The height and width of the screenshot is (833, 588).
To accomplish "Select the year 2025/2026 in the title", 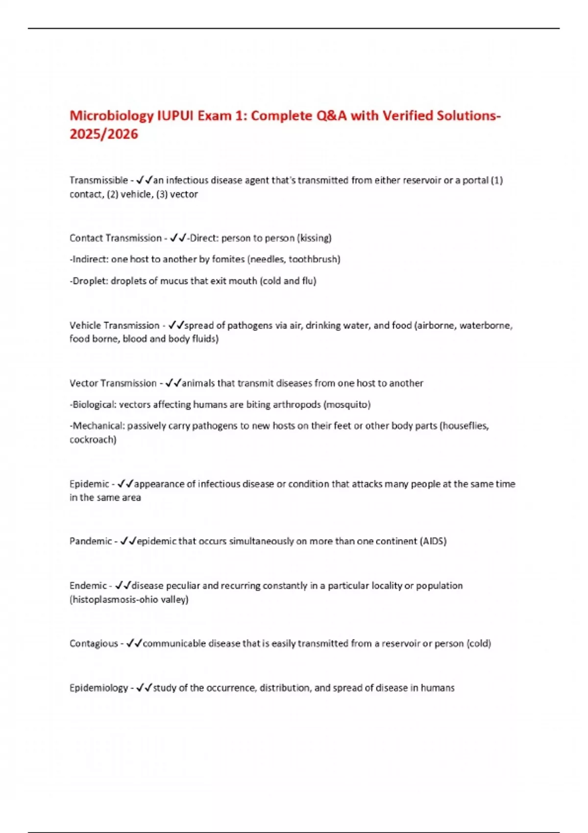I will [104, 134].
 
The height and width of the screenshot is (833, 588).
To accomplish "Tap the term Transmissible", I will [98, 180].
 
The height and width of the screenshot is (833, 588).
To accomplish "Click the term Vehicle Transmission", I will [114, 325].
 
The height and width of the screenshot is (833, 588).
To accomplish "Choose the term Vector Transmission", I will [113, 383].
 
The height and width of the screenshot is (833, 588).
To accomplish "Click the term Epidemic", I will [89, 484].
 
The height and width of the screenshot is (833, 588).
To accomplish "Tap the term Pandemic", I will [91, 541].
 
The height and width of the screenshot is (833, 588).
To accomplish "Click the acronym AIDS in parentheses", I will [433, 541].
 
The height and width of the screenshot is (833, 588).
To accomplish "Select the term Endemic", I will [88, 586].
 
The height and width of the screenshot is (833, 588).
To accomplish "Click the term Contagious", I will [94, 643].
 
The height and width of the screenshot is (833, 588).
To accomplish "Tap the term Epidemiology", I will [98, 688].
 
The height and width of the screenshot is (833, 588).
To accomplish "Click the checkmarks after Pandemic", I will [128, 541].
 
